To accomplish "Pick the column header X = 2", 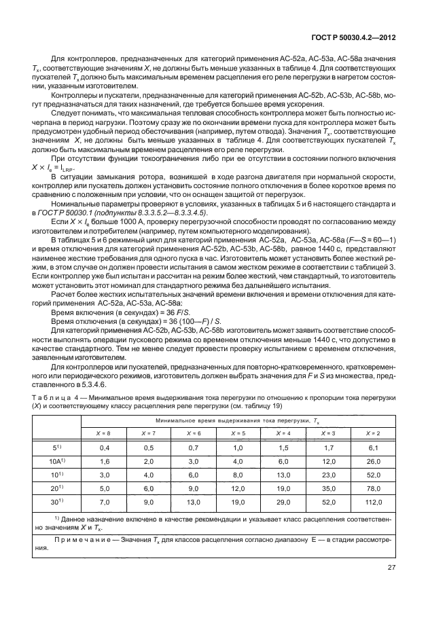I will [373, 433].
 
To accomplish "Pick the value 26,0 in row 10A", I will [373, 460].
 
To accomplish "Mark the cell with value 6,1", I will [373, 447].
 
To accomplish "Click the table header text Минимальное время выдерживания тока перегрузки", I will [231, 421].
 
